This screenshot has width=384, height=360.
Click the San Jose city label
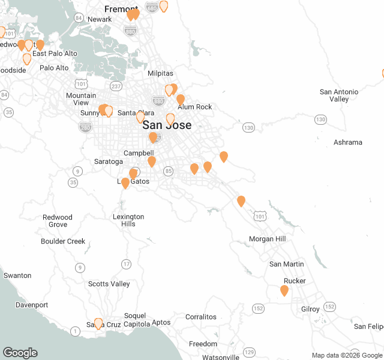[x=167, y=125]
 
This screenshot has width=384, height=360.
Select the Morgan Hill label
[x=267, y=239]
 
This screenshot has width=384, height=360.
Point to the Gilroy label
[x=310, y=309]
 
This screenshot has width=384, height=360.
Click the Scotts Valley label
[x=109, y=284]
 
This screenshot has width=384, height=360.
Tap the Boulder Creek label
[x=63, y=241]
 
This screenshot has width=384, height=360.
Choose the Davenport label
[x=32, y=305]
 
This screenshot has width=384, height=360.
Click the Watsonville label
[x=221, y=357]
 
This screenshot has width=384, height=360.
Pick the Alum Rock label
[x=195, y=107]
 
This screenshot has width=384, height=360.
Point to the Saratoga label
[x=109, y=161]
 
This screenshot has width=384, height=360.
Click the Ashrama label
[x=348, y=142]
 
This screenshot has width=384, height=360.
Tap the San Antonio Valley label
[x=339, y=95]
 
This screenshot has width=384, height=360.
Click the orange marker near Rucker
[x=284, y=290]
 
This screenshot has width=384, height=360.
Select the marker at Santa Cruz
[x=98, y=323]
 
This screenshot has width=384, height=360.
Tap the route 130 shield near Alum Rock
[x=248, y=128]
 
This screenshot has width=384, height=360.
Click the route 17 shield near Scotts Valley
[x=126, y=264]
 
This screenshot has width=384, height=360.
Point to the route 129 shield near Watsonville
[x=250, y=352]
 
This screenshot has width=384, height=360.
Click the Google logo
[x=20, y=353]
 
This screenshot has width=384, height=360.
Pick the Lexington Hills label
[x=128, y=220]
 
